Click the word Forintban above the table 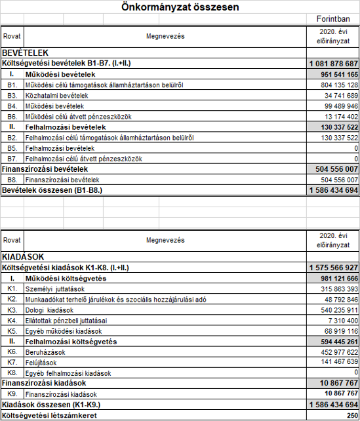(333, 21)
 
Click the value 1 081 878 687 (333, 64)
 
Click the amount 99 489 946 (338, 106)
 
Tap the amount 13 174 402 (338, 116)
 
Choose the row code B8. (12, 179)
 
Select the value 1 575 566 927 (333, 268)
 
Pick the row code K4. (12, 321)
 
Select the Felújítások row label (42, 363)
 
